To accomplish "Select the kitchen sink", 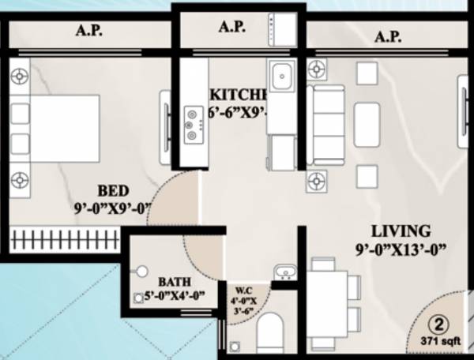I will [281, 77].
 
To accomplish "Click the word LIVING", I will [402, 231].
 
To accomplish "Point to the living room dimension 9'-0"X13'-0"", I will [401, 250].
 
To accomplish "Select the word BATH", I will [172, 281].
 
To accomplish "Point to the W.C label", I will [243, 289].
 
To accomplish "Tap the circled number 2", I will [437, 324].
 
